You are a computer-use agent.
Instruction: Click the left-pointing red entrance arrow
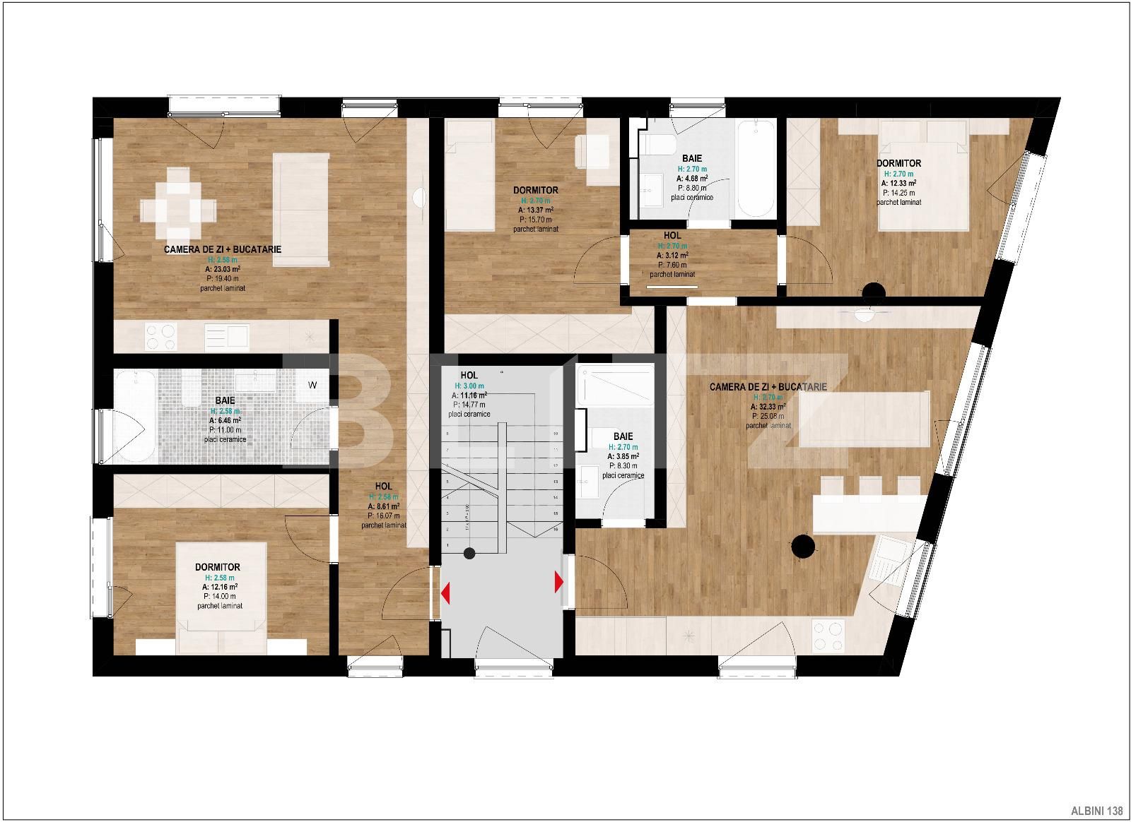tap(445, 592)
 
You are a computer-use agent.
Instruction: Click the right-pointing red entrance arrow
tap(558, 583)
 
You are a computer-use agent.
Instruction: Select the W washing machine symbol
tap(312, 385)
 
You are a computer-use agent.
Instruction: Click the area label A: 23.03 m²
tap(222, 269)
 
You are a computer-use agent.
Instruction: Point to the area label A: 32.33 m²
tap(768, 407)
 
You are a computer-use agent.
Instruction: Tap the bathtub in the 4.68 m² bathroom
tap(756, 169)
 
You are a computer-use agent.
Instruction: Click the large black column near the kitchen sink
tap(802, 544)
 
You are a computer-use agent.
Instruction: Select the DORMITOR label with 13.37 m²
tap(535, 190)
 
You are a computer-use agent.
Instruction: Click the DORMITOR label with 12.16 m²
tap(218, 567)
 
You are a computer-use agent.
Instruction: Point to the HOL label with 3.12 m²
tap(672, 235)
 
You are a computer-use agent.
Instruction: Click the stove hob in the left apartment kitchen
tap(160, 336)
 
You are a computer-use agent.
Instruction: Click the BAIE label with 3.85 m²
tap(623, 436)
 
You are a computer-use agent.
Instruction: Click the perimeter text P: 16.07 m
tap(383, 516)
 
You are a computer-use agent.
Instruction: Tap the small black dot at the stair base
tap(468, 553)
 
